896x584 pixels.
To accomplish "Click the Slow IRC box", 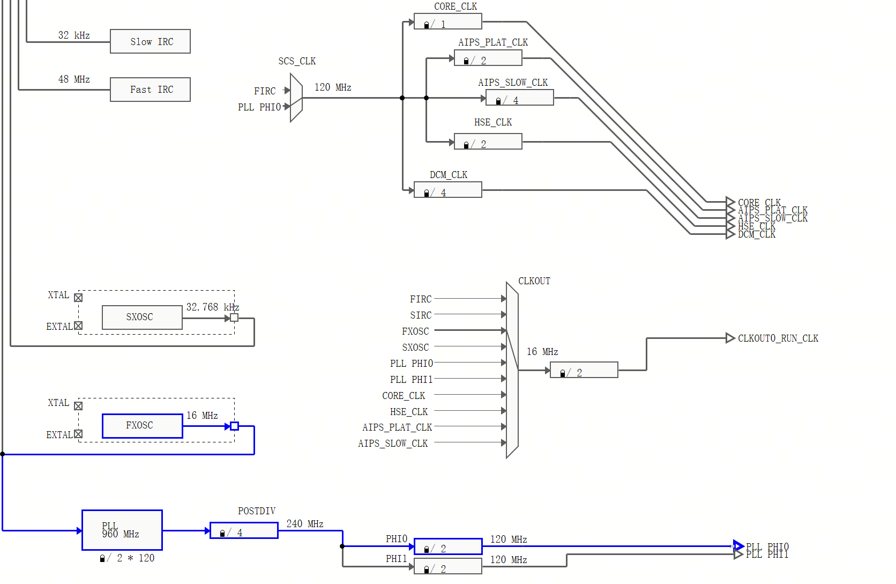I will pyautogui.click(x=150, y=41).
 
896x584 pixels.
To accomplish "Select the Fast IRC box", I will pyautogui.click(x=150, y=90).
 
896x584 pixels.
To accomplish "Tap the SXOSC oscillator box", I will pyautogui.click(x=142, y=317).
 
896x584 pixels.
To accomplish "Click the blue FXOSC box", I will pyautogui.click(x=142, y=426).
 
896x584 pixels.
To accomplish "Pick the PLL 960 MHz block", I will pyautogui.click(x=122, y=530).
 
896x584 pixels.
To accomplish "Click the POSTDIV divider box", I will pyautogui.click(x=244, y=530).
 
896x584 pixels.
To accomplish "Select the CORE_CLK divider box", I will pyautogui.click(x=447, y=22).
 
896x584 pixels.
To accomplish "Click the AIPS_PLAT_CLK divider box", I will pyautogui.click(x=488, y=58).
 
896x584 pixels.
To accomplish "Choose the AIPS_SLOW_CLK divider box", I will pyautogui.click(x=519, y=98).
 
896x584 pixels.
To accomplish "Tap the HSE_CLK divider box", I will pyautogui.click(x=488, y=142).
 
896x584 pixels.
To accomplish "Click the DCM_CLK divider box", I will pyautogui.click(x=447, y=190).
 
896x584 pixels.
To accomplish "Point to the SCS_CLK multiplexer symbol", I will pyautogui.click(x=296, y=98).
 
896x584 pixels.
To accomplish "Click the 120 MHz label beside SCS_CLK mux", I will pyautogui.click(x=332, y=87).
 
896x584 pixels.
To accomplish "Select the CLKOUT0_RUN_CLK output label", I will pyautogui.click(x=778, y=338).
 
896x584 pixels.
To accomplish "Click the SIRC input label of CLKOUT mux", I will pyautogui.click(x=421, y=315).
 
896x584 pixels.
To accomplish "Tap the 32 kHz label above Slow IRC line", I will pyautogui.click(x=74, y=35).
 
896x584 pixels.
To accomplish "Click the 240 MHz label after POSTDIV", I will pyautogui.click(x=304, y=524).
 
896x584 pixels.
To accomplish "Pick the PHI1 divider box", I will pyautogui.click(x=447, y=567).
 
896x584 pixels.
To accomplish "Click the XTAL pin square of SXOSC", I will pyautogui.click(x=78, y=298).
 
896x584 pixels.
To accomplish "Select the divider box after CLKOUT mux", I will pyautogui.click(x=584, y=370).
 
